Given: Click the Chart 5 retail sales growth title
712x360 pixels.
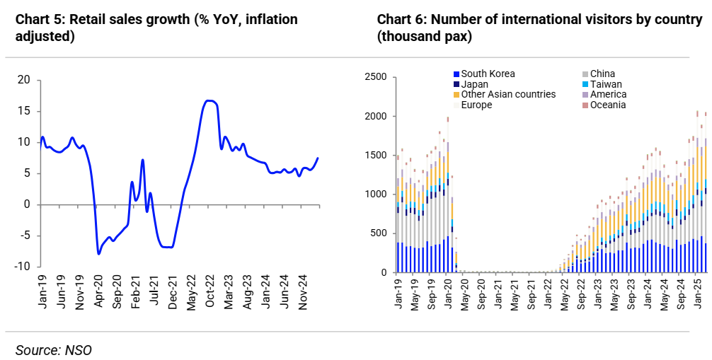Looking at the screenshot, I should click(156, 28).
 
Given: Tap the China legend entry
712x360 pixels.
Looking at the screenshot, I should click(602, 74).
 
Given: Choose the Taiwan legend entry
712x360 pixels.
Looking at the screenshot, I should click(606, 84).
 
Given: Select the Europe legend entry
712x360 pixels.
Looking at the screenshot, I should click(476, 105).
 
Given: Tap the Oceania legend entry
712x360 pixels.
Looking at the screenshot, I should click(608, 105).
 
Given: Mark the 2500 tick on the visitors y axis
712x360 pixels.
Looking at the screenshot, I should click(375, 77).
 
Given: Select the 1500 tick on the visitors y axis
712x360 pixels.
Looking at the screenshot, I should click(375, 155).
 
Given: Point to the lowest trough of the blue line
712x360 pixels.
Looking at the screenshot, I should click(99, 253).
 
